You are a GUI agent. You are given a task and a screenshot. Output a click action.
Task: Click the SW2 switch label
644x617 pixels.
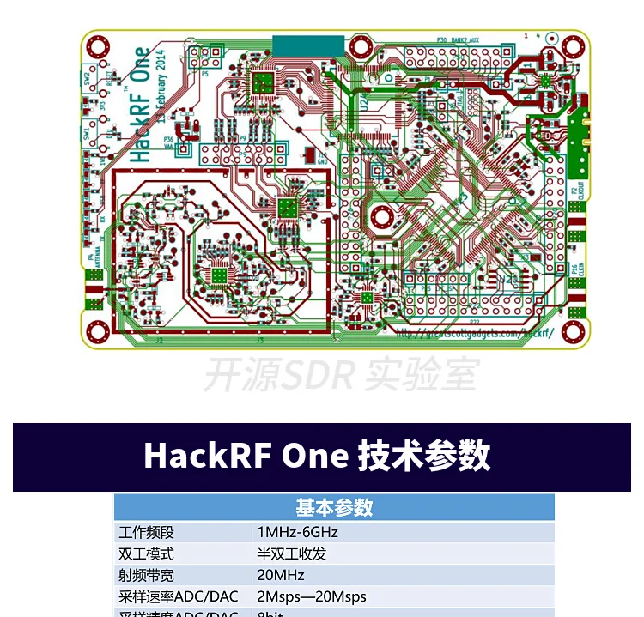pos(88,78)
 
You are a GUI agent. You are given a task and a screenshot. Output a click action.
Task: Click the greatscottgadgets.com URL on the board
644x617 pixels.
pos(473,330)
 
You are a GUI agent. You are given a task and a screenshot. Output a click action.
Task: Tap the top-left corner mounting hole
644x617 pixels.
pos(99,45)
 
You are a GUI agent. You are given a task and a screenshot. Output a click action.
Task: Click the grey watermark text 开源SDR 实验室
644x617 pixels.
pos(340,375)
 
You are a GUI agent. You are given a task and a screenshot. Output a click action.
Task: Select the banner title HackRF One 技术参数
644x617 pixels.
pos(317,455)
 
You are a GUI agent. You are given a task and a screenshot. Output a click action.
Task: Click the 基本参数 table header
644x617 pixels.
pos(334,507)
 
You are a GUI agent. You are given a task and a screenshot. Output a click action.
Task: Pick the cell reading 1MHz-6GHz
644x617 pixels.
pos(297,532)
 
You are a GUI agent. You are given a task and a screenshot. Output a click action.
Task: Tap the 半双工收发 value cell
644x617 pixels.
pos(291,553)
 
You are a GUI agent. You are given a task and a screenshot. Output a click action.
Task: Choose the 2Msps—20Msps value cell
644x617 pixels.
pos(311,596)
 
